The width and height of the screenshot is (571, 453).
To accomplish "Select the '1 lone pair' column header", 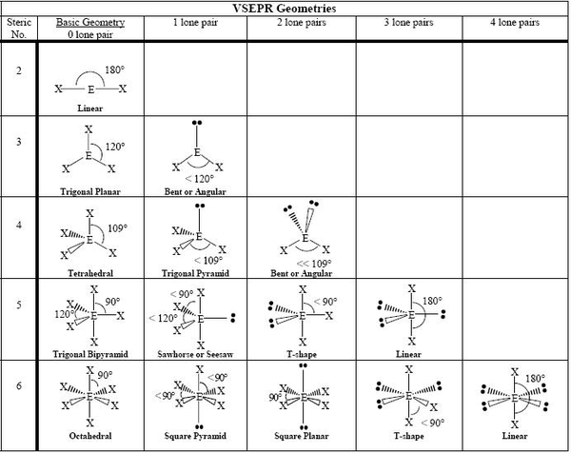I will [195, 21].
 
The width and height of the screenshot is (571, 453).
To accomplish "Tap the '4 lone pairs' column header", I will [515, 21].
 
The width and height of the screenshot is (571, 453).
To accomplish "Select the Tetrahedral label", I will [90, 270].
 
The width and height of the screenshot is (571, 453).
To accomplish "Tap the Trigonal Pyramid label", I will [195, 271].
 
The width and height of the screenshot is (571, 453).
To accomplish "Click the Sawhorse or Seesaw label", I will [195, 353].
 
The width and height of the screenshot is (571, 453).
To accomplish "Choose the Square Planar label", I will [302, 439].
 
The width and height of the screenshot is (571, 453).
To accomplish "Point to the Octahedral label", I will [89, 439].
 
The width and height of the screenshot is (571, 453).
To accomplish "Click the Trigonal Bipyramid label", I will [90, 353].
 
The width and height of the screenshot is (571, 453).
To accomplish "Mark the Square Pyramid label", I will [195, 439].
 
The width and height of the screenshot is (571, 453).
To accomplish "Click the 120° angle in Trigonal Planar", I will [113, 149].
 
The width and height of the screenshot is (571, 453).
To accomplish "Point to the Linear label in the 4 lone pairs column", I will [515, 439].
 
